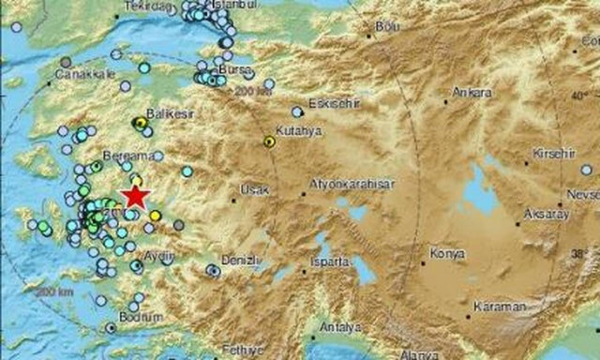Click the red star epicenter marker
point(136,196)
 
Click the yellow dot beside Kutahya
point(269,142)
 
